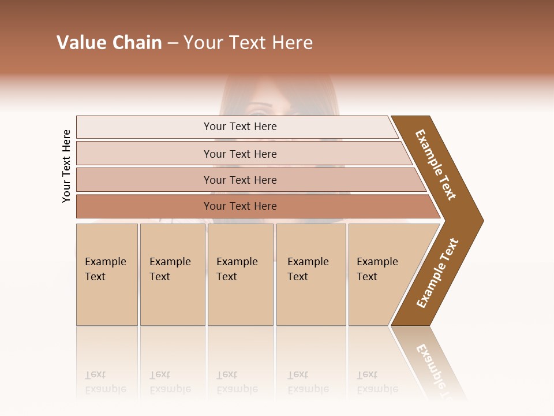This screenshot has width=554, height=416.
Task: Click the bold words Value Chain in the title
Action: tap(109, 43)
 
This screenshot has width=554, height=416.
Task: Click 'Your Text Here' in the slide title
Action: tap(248, 43)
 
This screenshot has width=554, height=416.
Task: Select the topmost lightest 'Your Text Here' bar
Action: tap(239, 127)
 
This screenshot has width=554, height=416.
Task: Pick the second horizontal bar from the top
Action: tap(239, 154)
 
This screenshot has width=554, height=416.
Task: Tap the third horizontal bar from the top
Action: tap(239, 180)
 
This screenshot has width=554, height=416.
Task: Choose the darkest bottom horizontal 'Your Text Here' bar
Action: tap(239, 206)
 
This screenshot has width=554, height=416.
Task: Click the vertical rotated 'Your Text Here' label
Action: tap(66, 166)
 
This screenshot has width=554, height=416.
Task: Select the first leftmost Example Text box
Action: tap(106, 274)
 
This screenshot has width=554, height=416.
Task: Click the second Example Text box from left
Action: tap(172, 274)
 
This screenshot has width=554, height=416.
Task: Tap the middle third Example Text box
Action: tap(239, 274)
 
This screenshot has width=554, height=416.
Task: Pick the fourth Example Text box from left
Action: tap(310, 274)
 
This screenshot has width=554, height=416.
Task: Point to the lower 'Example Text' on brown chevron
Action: tap(437, 273)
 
